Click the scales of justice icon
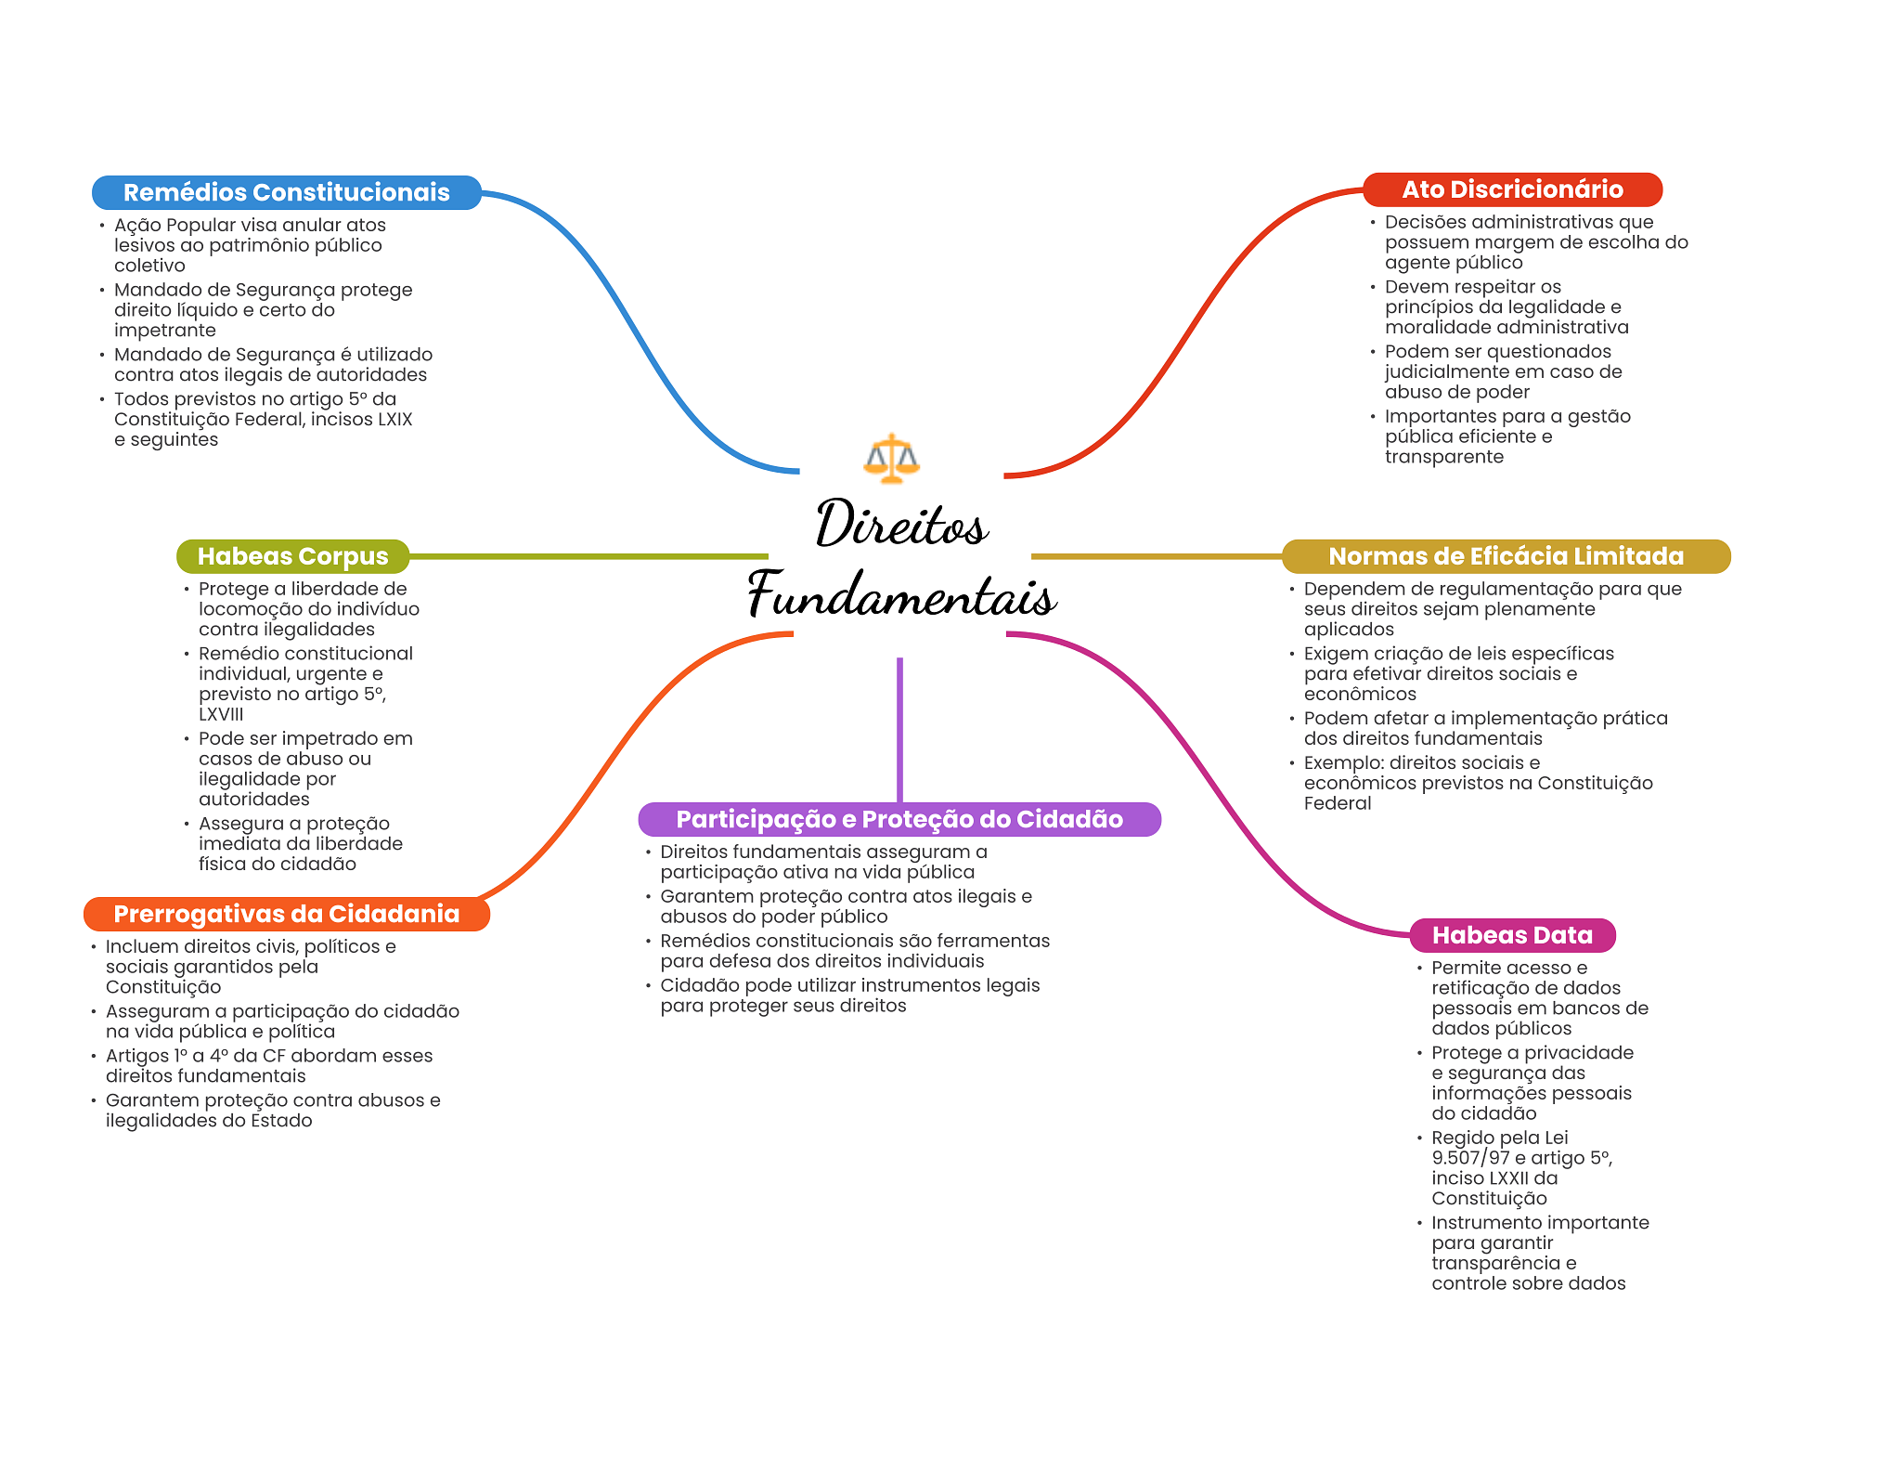click(x=891, y=458)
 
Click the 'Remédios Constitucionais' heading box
click(x=286, y=192)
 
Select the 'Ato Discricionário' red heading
click(x=1512, y=189)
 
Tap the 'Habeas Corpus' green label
click(x=292, y=556)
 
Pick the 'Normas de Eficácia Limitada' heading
click(x=1506, y=556)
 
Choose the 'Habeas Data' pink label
click(x=1512, y=935)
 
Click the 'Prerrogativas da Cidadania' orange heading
click(x=286, y=914)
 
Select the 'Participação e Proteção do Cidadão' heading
click(x=899, y=819)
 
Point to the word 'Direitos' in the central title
click(x=901, y=524)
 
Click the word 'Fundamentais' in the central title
click(x=901, y=595)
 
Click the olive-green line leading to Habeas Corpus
click(x=588, y=556)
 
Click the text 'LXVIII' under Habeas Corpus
click(x=221, y=714)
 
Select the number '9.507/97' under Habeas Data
click(x=1470, y=1158)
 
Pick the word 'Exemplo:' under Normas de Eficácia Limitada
click(x=1343, y=763)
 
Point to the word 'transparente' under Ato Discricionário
click(x=1443, y=457)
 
